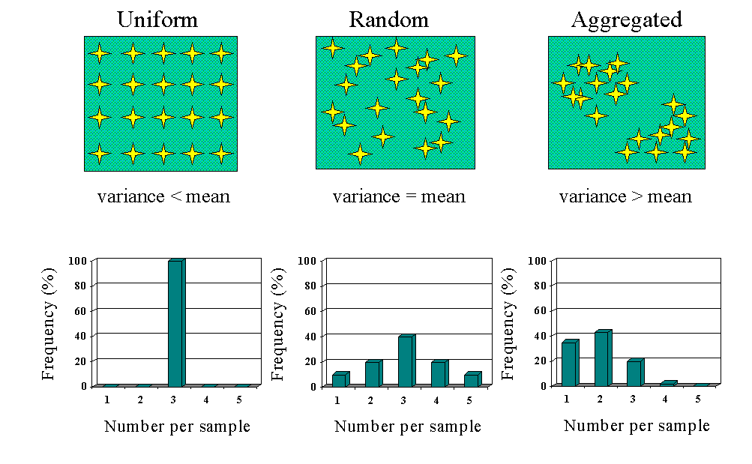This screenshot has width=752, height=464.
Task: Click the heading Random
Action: (388, 19)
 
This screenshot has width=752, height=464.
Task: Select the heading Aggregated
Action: (627, 19)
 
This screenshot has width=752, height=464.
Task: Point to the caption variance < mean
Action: (163, 197)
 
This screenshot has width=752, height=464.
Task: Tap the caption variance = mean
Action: (399, 197)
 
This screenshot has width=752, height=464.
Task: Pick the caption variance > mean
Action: (625, 197)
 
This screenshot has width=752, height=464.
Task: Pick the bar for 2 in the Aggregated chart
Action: (602, 358)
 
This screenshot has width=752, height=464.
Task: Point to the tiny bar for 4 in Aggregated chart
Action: (668, 383)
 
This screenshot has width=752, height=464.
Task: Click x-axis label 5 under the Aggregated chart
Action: (698, 399)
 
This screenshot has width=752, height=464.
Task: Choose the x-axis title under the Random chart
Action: (407, 427)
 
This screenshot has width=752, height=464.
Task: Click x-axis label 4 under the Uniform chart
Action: (206, 400)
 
